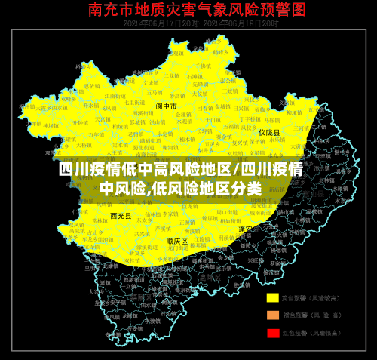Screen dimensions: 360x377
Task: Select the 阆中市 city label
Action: point(167,106)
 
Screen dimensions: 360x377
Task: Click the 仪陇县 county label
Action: point(269,132)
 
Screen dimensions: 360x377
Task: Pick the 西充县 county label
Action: point(121,216)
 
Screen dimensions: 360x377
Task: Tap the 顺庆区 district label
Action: point(177,241)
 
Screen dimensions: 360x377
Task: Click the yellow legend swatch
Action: point(272,297)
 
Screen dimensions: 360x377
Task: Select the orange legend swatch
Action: point(272,315)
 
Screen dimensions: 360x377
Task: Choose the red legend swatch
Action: point(272,332)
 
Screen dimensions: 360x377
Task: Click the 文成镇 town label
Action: point(151,83)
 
